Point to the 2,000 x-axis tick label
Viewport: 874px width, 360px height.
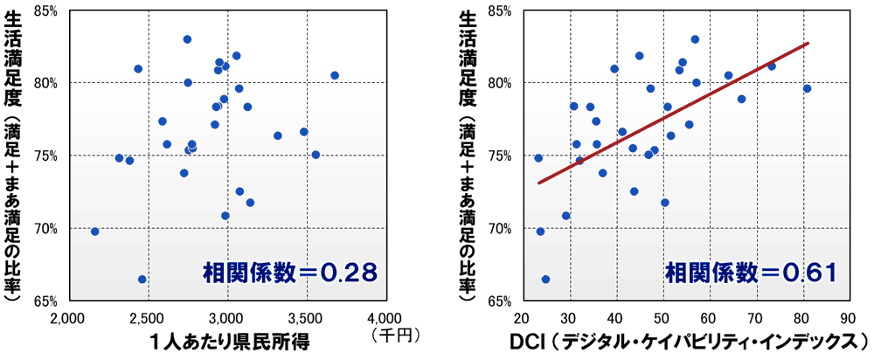tap(69, 316)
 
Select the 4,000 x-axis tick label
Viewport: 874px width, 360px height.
tap(384, 316)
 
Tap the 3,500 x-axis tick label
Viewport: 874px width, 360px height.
tap(305, 316)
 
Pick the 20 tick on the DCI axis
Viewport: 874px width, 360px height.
tap(522, 316)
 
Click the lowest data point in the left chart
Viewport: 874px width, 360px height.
tap(142, 280)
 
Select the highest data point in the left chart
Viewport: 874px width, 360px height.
tap(187, 39)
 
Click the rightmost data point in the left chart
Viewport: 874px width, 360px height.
tap(335, 75)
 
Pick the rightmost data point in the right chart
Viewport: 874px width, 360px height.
tap(807, 88)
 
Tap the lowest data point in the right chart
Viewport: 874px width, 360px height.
tap(546, 280)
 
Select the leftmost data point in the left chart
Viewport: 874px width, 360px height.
tap(95, 232)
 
